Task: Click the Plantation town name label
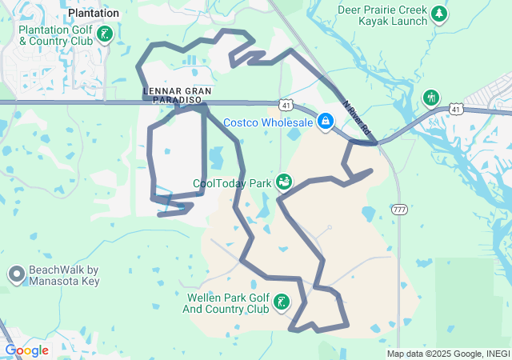[x=94, y=13]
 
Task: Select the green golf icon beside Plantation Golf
[x=105, y=34]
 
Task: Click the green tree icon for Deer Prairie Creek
[x=438, y=14]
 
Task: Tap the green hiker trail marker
[x=431, y=98]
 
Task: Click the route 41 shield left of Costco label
[x=286, y=104]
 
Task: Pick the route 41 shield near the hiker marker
[x=454, y=108]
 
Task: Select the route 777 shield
[x=400, y=209]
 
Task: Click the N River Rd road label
[x=357, y=118]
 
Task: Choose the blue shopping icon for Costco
[x=325, y=122]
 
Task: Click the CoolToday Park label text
[x=232, y=183]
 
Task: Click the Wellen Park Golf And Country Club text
[x=226, y=303]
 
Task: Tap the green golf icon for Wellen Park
[x=282, y=302]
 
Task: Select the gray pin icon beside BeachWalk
[x=16, y=275]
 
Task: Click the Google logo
[x=26, y=350]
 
